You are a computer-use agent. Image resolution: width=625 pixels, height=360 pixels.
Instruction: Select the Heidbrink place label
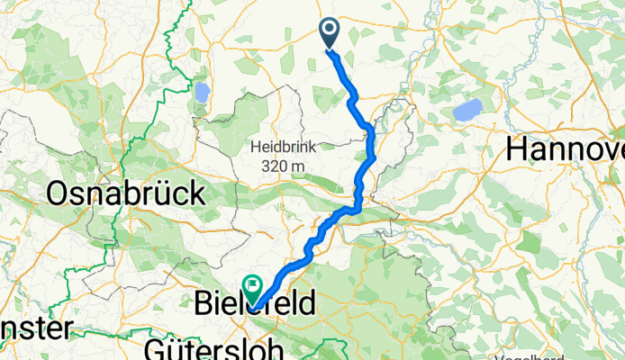(x=282, y=147)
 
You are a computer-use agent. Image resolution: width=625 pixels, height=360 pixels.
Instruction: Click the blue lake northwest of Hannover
(x=467, y=111)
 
